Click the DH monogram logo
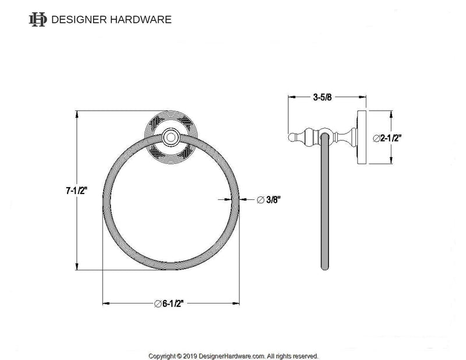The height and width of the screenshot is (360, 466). tap(37, 19)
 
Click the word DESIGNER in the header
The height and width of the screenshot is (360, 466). tap(77, 19)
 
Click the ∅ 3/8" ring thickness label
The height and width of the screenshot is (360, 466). tap(269, 200)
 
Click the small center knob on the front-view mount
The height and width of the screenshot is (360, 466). tap(172, 137)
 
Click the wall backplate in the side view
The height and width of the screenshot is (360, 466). tap(362, 138)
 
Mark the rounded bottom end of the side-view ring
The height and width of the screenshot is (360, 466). tap(324, 268)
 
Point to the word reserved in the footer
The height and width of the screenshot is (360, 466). tap(304, 355)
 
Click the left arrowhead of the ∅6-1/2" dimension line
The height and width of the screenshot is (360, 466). tap(105, 303)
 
